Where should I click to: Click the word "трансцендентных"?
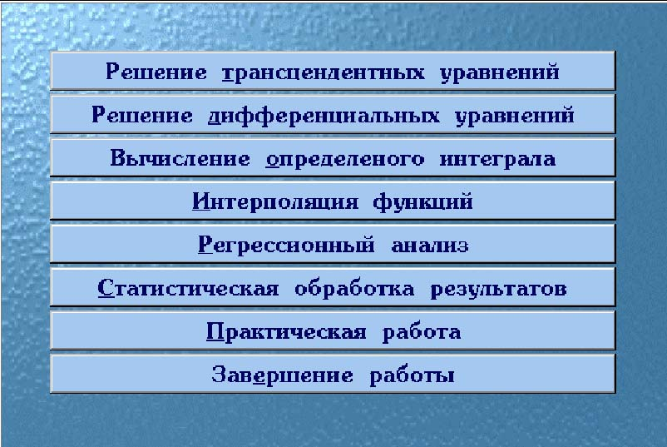[324, 72]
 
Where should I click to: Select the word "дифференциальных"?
[324, 116]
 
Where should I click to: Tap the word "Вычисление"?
[180, 158]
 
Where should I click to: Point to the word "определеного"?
[345, 160]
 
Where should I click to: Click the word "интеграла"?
[497, 160]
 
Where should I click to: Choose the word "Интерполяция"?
[275, 201]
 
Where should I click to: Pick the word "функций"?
[422, 202]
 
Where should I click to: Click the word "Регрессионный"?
[286, 246]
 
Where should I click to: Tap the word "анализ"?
[430, 246]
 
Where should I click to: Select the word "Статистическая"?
[188, 288]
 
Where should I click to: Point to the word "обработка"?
[354, 288]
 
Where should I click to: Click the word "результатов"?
[498, 290]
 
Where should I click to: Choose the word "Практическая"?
[286, 332]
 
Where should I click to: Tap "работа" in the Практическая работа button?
[422, 332]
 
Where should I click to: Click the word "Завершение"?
[282, 375]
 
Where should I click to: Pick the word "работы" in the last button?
[412, 376]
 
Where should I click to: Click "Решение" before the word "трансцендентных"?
[156, 71]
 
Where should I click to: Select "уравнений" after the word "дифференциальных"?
[515, 116]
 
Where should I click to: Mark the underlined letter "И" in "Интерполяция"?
[201, 201]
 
